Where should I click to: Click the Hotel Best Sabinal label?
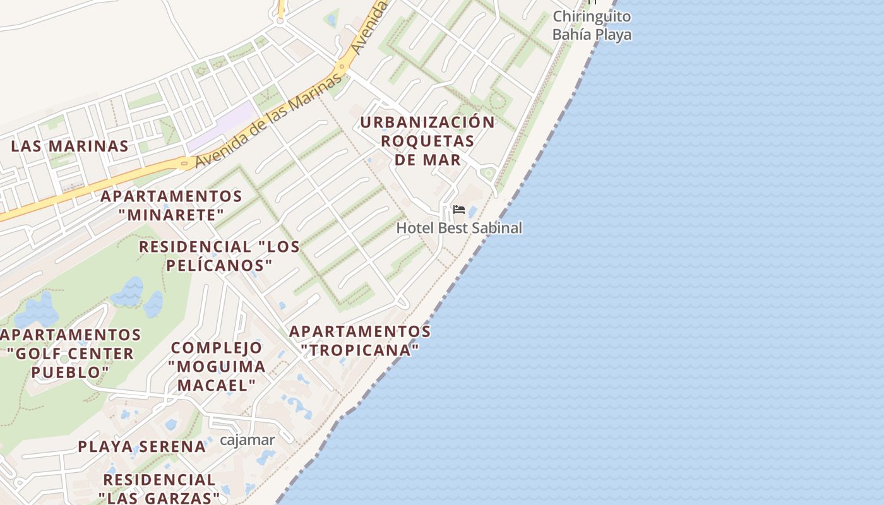(x=459, y=228)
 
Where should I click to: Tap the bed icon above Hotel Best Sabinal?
(x=459, y=210)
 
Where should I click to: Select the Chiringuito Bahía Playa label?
(x=592, y=25)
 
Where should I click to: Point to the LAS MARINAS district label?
(x=70, y=146)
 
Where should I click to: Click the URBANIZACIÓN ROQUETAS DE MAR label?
(x=428, y=141)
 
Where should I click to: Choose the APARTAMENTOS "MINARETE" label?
(x=171, y=206)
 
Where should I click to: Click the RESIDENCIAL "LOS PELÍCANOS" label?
(x=219, y=256)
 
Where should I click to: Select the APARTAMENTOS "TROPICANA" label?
(x=360, y=340)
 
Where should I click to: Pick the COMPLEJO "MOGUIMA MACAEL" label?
(x=217, y=366)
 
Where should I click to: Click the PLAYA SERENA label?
(x=142, y=447)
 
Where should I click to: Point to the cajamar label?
(x=248, y=440)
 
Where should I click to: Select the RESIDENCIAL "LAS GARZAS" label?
(x=159, y=489)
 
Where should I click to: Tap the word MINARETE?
(x=171, y=215)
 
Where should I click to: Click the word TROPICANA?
(x=360, y=350)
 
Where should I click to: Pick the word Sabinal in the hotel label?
(x=495, y=228)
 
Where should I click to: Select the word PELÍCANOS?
(x=219, y=265)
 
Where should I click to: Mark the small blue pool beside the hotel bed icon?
(x=472, y=212)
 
